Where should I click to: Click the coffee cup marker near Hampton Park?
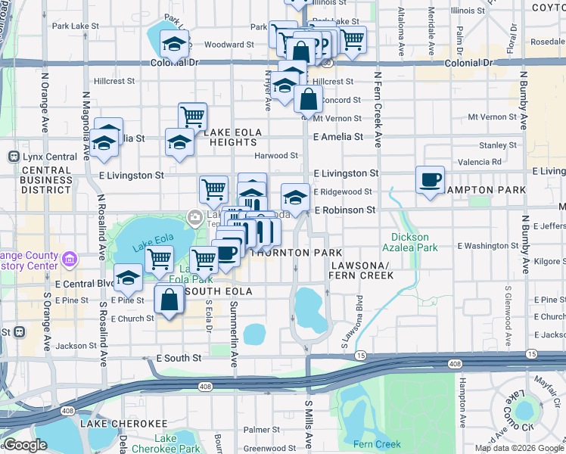430,180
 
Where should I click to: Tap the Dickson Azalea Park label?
415,242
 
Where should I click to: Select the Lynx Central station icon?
13,157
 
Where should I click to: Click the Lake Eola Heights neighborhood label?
232,138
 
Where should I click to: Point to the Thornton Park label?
297,252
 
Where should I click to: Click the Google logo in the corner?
25,445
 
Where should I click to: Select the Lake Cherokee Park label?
176,443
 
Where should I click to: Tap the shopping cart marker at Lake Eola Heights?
193,117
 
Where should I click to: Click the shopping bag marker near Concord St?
309,98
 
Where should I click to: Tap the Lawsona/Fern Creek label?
361,269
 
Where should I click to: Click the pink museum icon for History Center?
70,260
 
